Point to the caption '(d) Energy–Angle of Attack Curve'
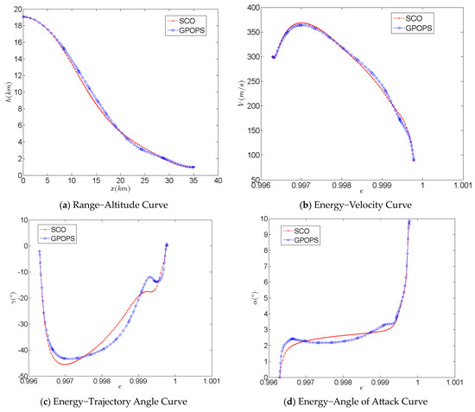pos(354,399)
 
